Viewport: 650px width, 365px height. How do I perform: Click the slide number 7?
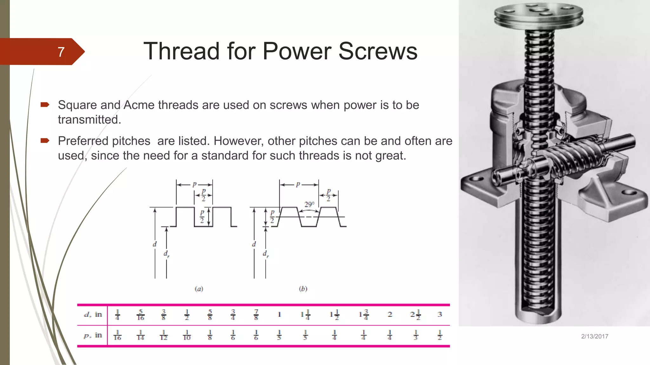(x=61, y=52)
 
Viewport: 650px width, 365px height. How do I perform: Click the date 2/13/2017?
(x=594, y=336)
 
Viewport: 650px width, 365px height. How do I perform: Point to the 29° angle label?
(x=309, y=204)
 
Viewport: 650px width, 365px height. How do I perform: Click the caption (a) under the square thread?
(x=199, y=289)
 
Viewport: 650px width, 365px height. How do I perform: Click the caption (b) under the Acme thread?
(x=303, y=289)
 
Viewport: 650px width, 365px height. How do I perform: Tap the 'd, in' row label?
(x=93, y=315)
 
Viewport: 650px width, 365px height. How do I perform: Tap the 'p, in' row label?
(x=93, y=336)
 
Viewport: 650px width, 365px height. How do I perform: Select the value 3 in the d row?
(x=440, y=314)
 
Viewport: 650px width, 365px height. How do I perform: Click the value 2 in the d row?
(x=390, y=314)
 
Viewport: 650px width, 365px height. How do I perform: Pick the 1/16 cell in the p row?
(x=117, y=335)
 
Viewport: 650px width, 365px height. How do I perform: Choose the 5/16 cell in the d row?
(x=141, y=315)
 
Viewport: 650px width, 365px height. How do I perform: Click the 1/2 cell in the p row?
(x=440, y=335)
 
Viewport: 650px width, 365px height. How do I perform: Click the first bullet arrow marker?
(x=45, y=105)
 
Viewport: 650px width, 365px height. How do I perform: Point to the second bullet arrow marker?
(x=45, y=141)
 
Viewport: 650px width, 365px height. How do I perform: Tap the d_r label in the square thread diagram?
(x=166, y=254)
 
